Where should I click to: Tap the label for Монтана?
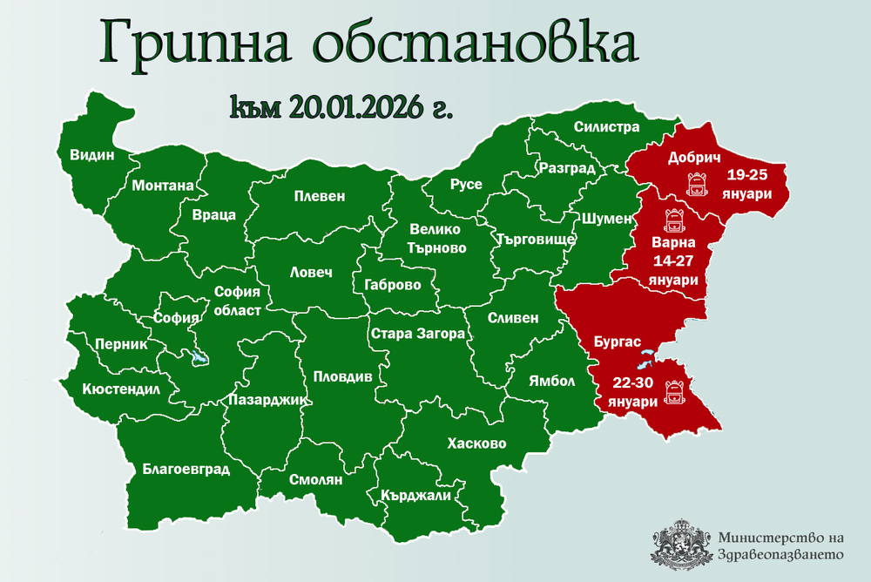(162, 186)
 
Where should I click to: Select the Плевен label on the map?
(319, 197)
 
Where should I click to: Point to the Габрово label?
(394, 285)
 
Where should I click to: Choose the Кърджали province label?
(415, 496)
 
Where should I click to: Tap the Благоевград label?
(186, 470)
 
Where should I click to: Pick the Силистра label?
(606, 127)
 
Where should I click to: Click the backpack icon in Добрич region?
(696, 184)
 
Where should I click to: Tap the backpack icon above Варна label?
(672, 218)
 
